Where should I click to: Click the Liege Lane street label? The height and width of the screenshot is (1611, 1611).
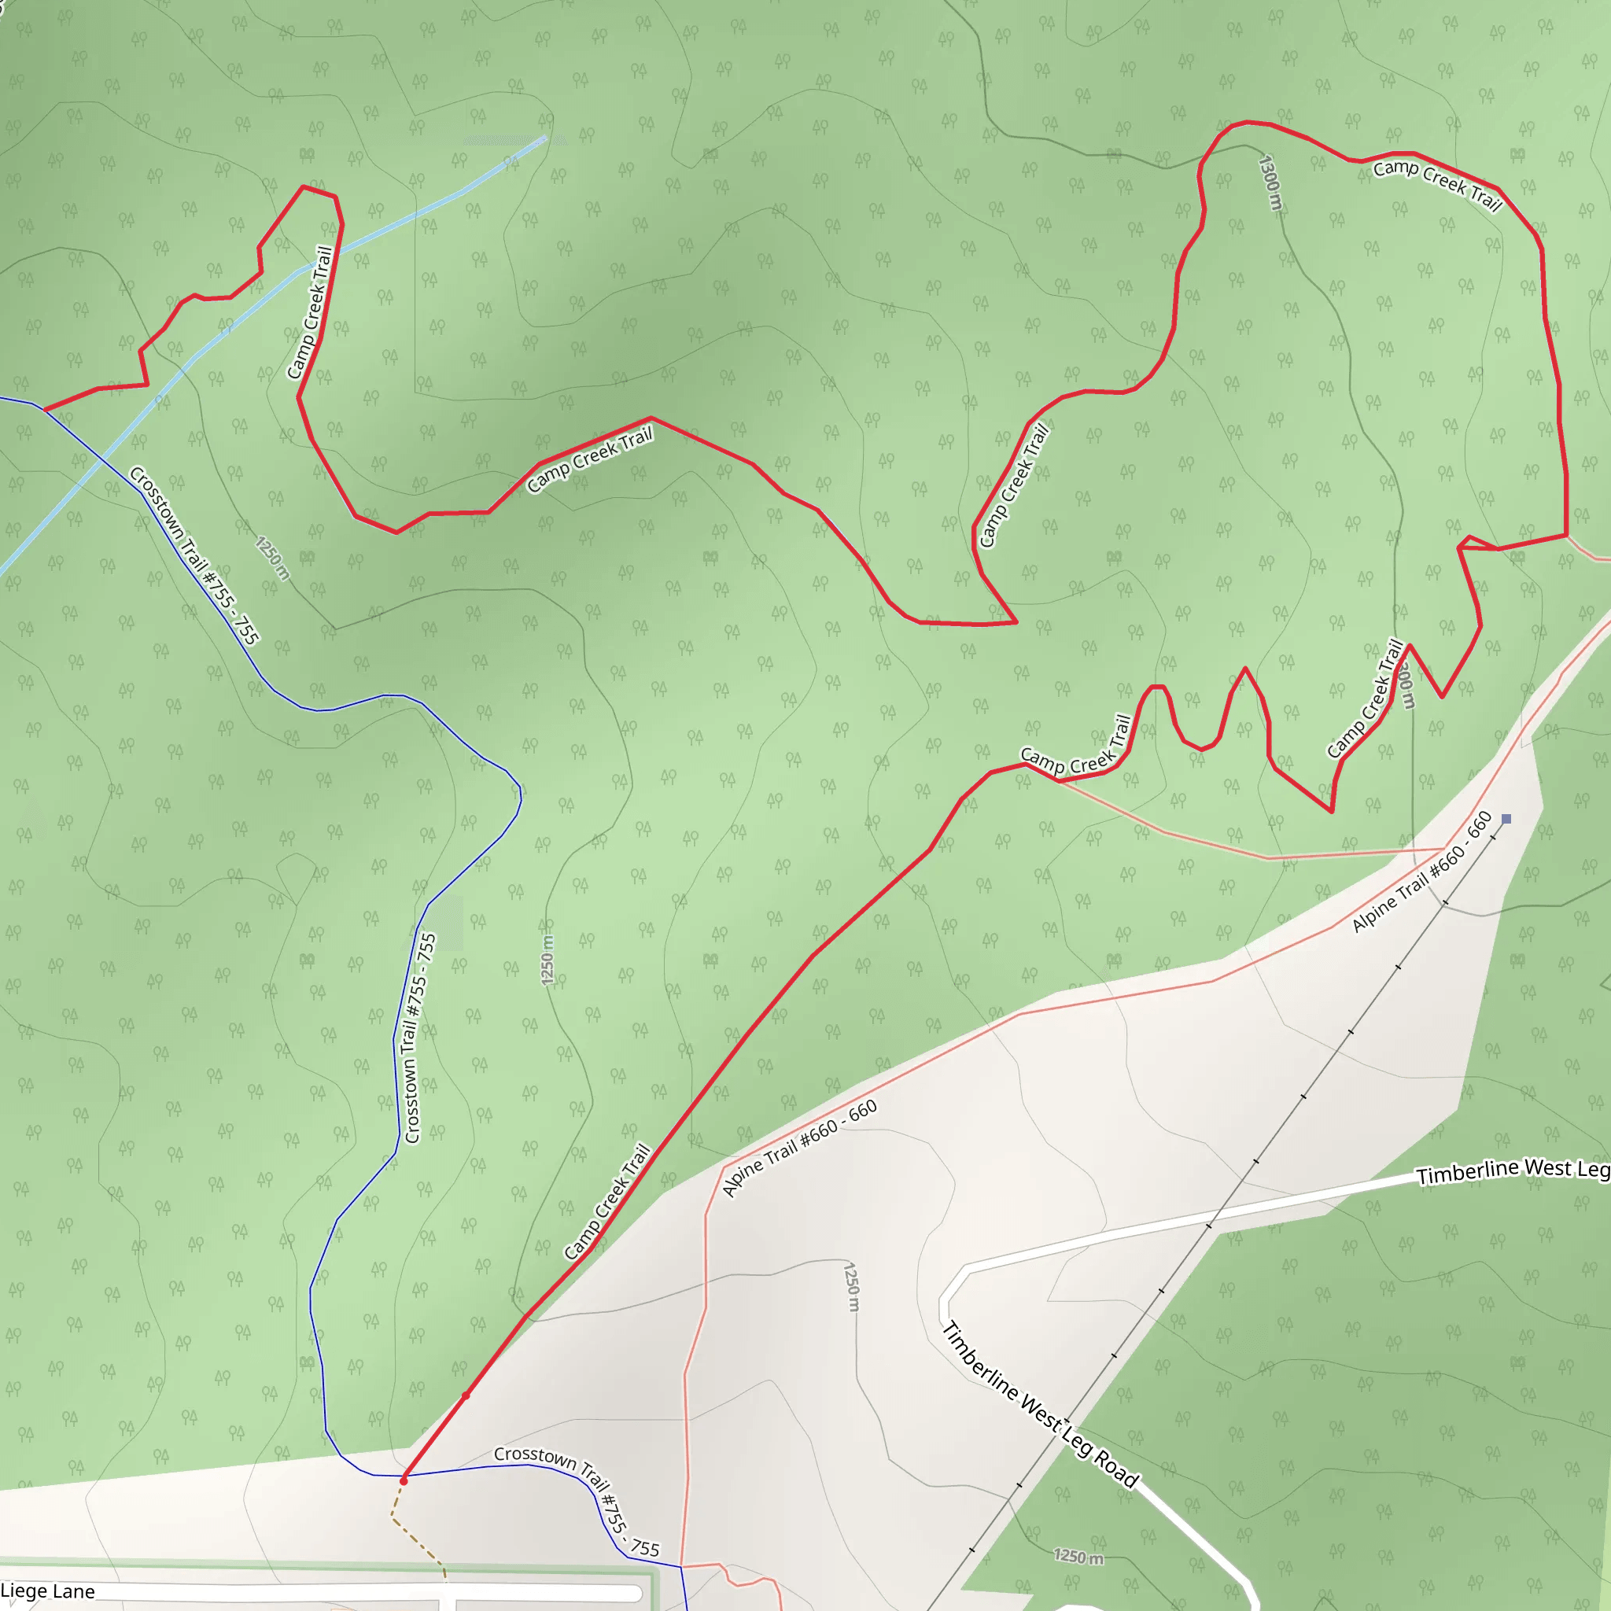(47, 1591)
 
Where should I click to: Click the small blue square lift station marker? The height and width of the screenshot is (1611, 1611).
(1506, 819)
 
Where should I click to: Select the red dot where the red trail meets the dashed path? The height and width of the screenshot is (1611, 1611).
(404, 1480)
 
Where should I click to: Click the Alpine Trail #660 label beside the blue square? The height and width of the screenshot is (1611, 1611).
(1421, 872)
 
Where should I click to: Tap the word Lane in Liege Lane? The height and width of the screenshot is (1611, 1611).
(73, 1591)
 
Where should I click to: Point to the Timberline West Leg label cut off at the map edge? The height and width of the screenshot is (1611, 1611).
(1513, 1170)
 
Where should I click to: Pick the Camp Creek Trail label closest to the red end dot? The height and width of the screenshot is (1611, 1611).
(606, 1202)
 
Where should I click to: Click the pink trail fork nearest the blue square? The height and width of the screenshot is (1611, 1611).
(1443, 850)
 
